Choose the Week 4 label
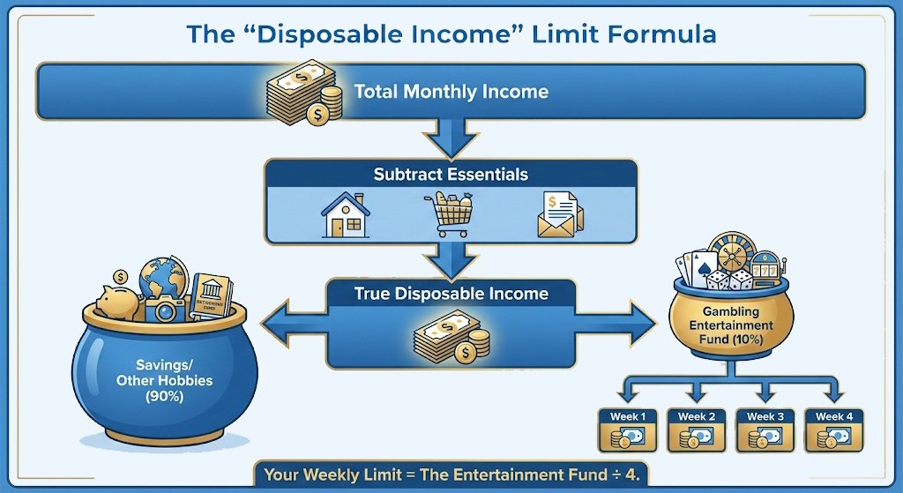click(833, 416)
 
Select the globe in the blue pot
click(163, 280)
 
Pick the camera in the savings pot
click(166, 309)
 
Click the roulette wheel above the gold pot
click(731, 254)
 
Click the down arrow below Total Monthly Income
click(450, 139)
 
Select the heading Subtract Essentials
click(451, 174)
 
